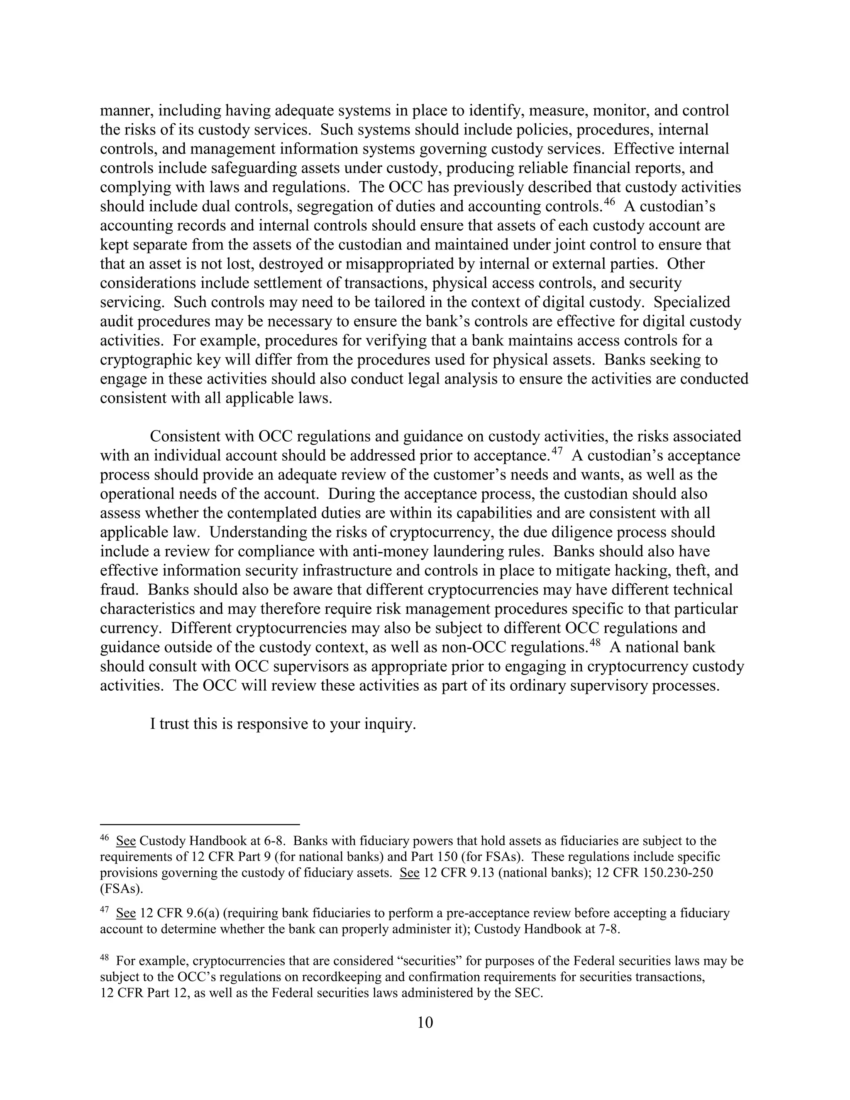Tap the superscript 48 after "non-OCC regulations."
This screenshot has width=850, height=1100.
595,643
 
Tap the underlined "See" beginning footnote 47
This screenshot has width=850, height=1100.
126,913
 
